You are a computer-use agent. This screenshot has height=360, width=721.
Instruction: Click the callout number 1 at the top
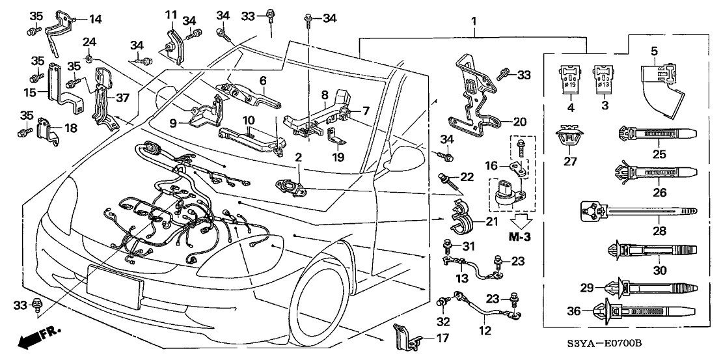point(474,21)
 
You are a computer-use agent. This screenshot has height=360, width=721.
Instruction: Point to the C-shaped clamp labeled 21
point(461,219)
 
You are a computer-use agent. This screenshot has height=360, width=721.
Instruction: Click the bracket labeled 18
point(47,128)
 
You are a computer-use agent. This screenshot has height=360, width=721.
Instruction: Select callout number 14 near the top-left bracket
point(95,19)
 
